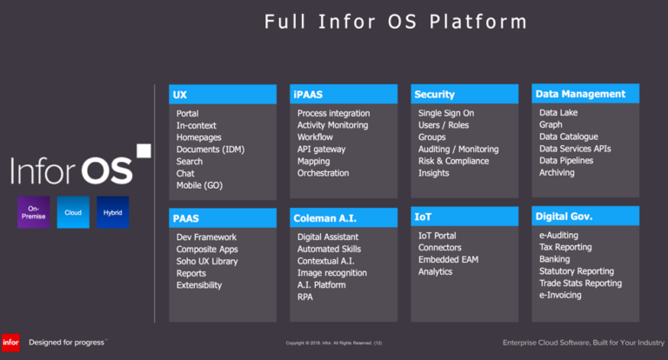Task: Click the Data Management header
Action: point(585,94)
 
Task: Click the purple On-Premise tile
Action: point(32,212)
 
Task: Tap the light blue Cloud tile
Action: point(73,212)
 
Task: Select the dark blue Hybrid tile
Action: point(112,212)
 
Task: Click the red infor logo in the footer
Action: point(11,342)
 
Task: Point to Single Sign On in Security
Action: point(446,113)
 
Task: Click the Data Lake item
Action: point(558,113)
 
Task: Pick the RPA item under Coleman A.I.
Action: point(306,297)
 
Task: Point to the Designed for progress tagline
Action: point(68,342)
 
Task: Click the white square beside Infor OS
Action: point(144,151)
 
